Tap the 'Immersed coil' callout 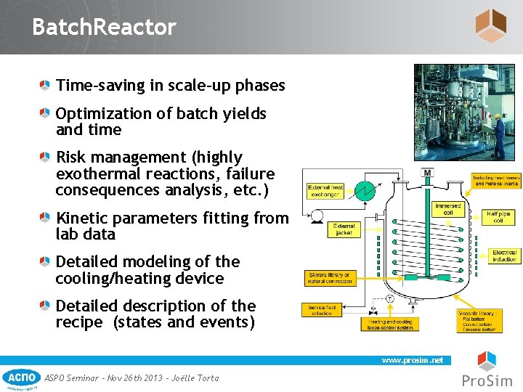[x=447, y=210]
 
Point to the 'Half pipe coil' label [x=498, y=217]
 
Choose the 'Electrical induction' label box [x=503, y=256]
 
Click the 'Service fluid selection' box [x=320, y=309]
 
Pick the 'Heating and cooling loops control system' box [x=391, y=323]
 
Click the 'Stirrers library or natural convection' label [x=330, y=278]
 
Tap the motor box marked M [x=428, y=173]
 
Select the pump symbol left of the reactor [x=315, y=215]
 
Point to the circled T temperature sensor [x=389, y=298]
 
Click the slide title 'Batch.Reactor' [x=104, y=28]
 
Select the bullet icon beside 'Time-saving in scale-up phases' [x=46, y=86]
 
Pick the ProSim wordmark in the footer [x=487, y=380]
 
